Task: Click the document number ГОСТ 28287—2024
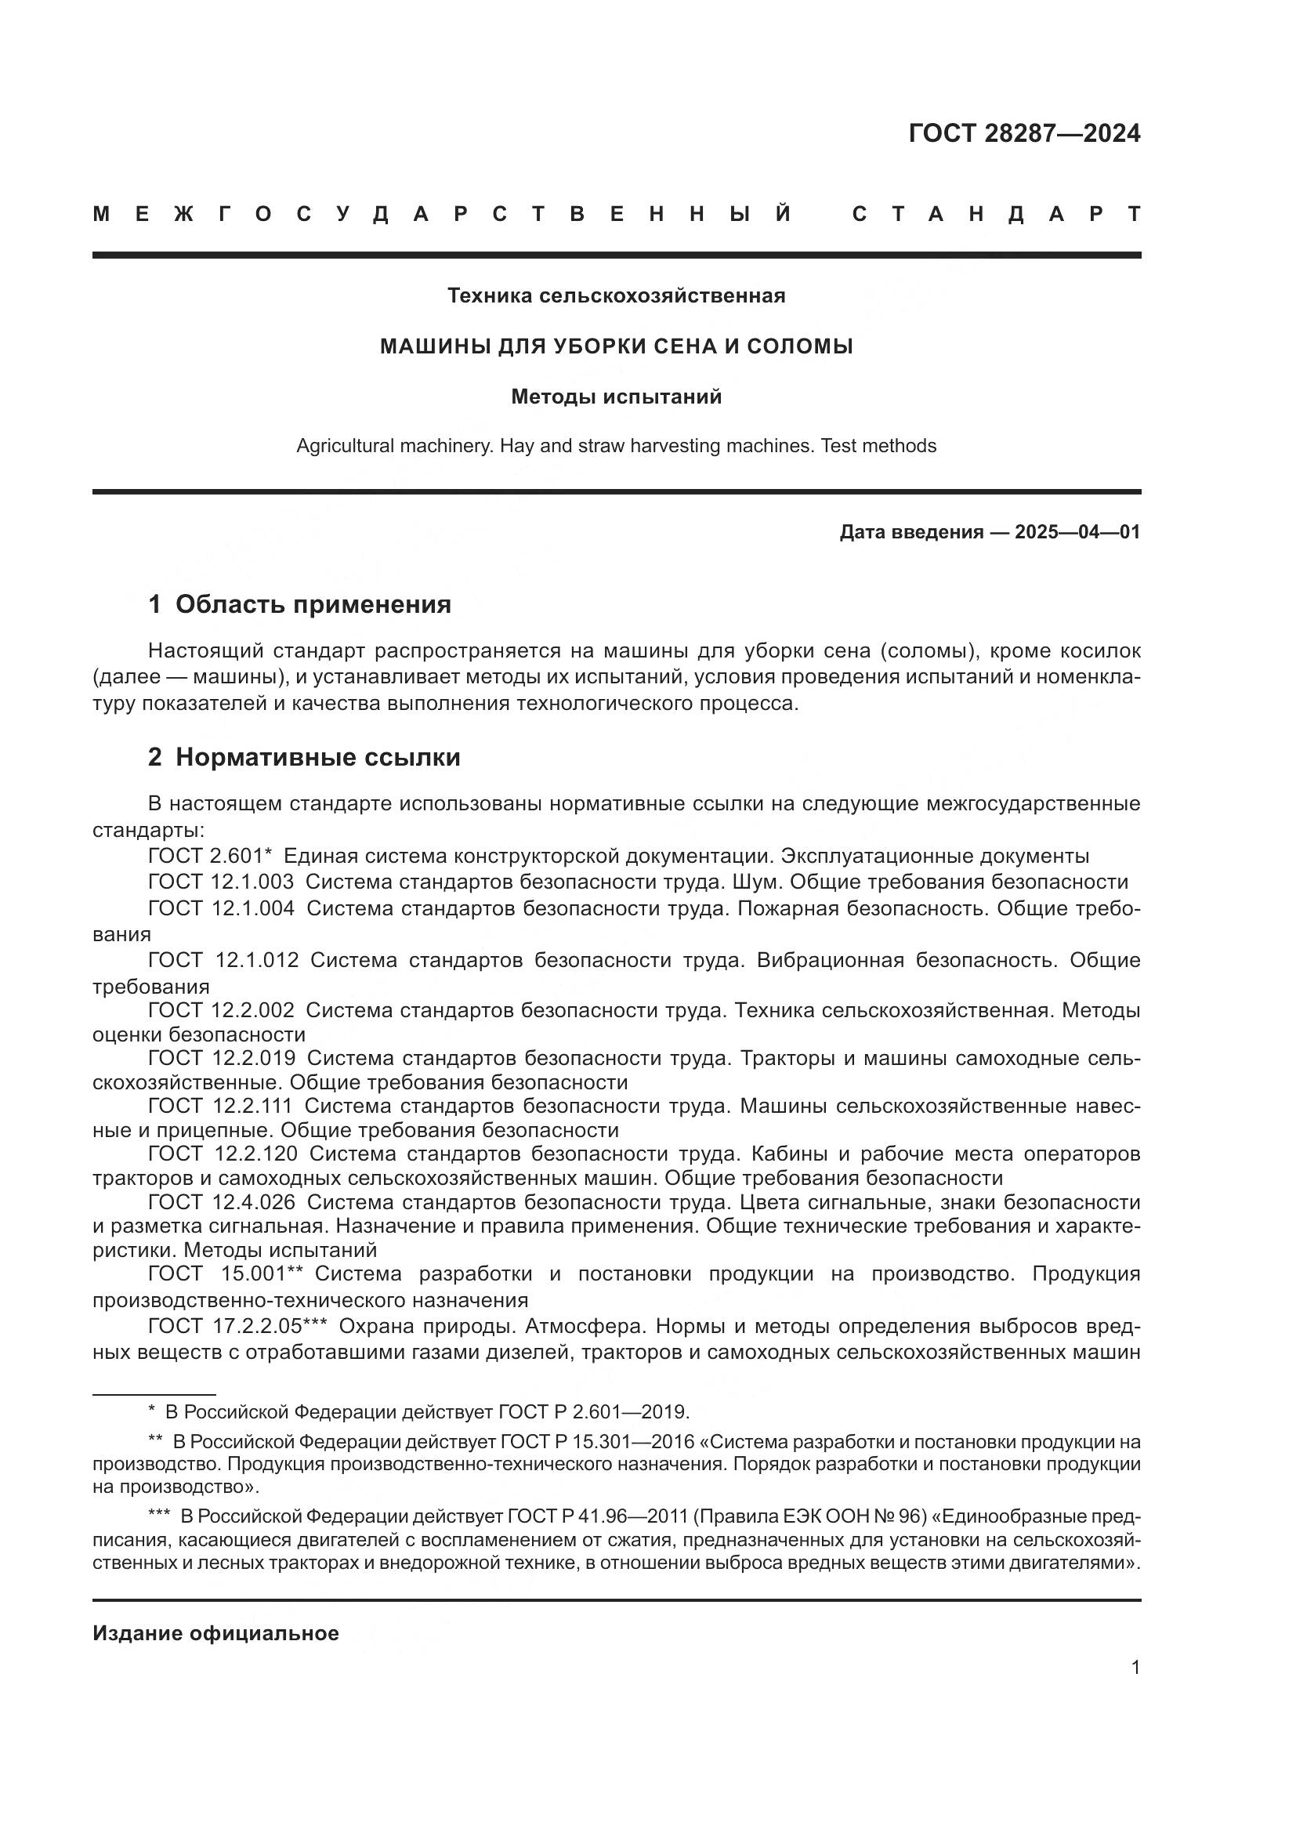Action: (1024, 133)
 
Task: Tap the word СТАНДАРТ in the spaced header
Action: (996, 214)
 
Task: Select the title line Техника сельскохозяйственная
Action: (616, 296)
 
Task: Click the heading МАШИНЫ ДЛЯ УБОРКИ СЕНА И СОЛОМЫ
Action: (616, 346)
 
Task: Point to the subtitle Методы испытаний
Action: (616, 397)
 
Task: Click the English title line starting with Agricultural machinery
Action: (616, 446)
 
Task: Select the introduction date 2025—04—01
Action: (1077, 532)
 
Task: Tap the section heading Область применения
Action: (313, 604)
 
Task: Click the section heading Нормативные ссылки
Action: (317, 757)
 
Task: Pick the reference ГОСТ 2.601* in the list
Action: (211, 857)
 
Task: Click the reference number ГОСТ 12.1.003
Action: (221, 882)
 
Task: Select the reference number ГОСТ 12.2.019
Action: (222, 1059)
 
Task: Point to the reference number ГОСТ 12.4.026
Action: (222, 1202)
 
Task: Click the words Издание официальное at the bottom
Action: (215, 1633)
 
